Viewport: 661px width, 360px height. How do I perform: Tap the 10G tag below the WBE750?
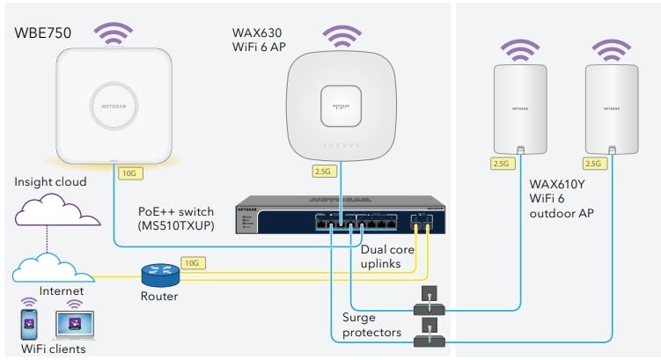(129, 173)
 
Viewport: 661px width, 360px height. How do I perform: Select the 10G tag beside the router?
(192, 261)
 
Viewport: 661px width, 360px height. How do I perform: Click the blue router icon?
(160, 275)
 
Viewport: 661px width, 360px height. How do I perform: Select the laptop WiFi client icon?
(74, 324)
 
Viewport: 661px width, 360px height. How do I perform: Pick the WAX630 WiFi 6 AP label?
(258, 39)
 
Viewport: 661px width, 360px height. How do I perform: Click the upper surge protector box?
(430, 299)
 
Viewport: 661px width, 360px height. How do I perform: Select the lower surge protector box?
(430, 332)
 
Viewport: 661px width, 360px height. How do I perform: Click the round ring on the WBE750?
(115, 105)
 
